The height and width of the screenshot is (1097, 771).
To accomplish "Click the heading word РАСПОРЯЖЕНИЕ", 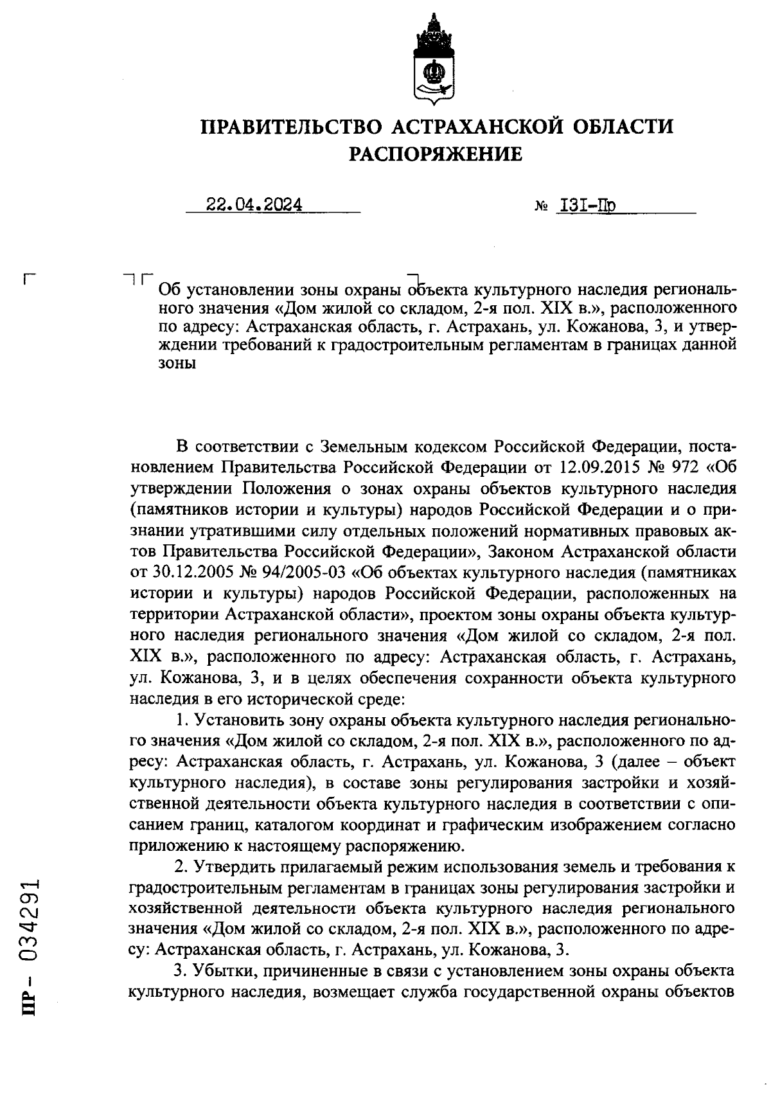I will click(435, 154).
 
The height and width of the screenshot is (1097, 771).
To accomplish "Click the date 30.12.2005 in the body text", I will click(191, 571).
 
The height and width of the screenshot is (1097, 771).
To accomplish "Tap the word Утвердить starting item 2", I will click(231, 867).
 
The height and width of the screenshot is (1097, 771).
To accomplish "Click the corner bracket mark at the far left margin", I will click(28, 279).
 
